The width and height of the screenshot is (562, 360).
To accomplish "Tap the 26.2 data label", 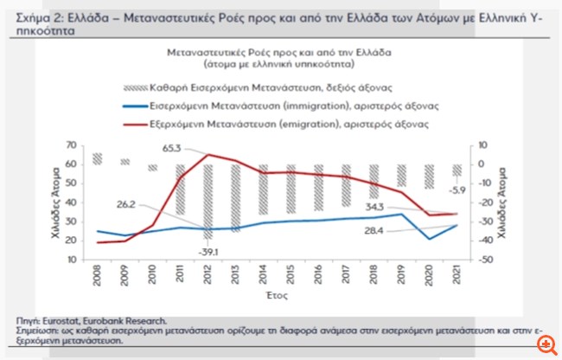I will point(128,204).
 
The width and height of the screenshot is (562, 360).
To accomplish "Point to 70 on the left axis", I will point(83,145).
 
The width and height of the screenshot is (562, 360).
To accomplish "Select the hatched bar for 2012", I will point(208,202).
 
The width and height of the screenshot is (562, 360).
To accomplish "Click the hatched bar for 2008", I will point(99,158).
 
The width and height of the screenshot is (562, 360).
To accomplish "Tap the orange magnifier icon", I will point(546,344).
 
